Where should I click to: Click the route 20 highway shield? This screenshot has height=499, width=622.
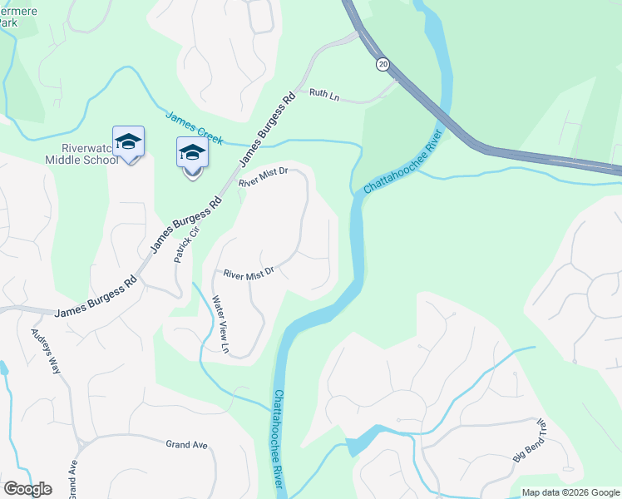pos(383,63)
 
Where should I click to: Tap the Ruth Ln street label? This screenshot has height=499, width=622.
pos(324,96)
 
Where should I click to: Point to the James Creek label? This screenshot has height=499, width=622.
pos(194,126)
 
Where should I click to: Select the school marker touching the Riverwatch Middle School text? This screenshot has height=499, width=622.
pos(128,144)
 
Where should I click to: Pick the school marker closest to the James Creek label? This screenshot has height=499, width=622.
pos(192,156)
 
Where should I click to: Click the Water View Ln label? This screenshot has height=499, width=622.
pos(220,324)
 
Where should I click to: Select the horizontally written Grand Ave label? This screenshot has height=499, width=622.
pos(186,445)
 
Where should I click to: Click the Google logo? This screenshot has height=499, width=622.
pos(27,489)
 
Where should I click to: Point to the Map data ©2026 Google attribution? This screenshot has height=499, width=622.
pos(570,492)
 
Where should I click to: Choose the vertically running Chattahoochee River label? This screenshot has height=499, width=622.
pos(279,441)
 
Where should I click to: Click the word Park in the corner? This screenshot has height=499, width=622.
pos(8,22)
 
